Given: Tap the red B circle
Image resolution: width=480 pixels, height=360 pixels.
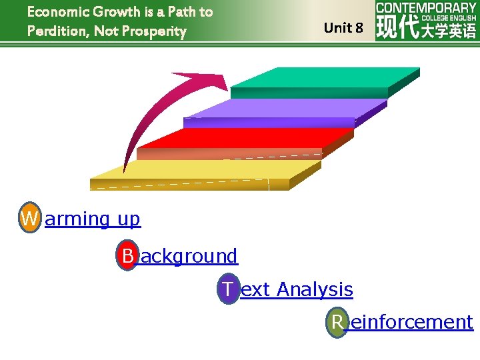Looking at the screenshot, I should [x=127, y=255].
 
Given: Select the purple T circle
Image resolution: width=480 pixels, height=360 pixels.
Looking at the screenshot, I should [x=228, y=289].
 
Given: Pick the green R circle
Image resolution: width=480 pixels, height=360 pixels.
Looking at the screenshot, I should [x=337, y=322].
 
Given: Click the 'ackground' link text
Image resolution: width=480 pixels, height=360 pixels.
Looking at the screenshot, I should [x=189, y=255].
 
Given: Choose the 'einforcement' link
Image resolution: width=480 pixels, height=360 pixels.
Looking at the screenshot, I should [x=411, y=322].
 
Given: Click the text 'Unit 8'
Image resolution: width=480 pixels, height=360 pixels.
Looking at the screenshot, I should [x=343, y=28].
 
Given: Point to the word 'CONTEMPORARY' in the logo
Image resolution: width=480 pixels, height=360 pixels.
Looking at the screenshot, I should [x=426, y=8].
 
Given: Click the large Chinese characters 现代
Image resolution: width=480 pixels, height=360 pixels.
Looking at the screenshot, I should [x=397, y=29].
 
